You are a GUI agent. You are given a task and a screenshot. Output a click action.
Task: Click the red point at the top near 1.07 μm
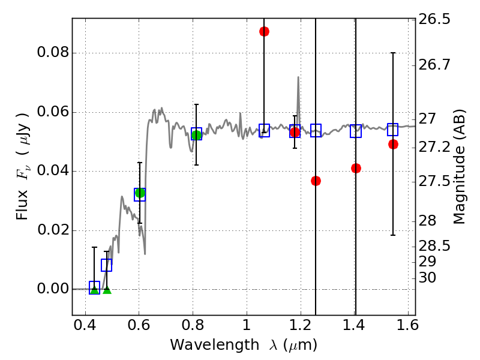264,31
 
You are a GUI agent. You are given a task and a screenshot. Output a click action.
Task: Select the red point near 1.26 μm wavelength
316,181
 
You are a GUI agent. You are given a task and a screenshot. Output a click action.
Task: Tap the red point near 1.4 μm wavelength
356,168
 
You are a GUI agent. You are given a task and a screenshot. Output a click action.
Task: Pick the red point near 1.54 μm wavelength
393,144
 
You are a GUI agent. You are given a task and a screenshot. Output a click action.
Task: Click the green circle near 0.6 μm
140,193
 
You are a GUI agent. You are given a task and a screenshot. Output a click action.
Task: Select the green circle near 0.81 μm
196,135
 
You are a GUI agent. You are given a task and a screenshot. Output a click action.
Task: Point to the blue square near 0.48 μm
106,265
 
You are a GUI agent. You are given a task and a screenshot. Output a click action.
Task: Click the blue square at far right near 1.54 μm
393,130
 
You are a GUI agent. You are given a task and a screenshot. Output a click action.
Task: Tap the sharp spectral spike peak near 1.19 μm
298,77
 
